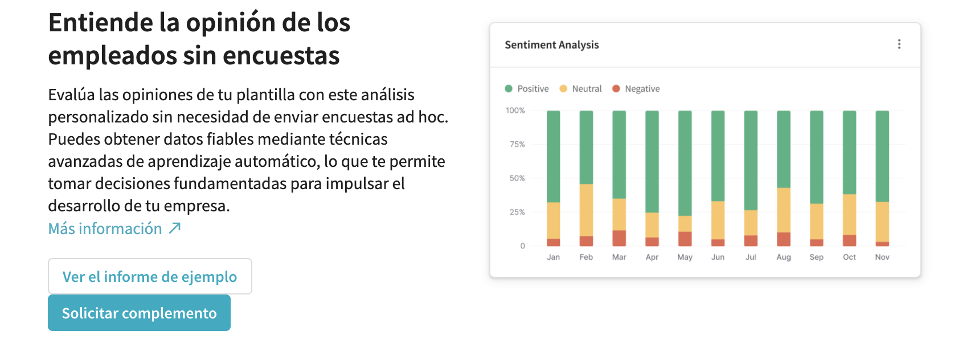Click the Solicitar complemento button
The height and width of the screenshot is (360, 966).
coord(139,313)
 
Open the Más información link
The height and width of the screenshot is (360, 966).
coord(105,228)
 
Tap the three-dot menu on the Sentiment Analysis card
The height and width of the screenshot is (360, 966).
coord(899,44)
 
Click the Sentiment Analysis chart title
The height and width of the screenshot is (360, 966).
coord(551,45)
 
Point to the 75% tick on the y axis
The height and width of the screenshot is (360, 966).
coord(517,145)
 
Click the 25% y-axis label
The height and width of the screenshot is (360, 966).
coord(517,212)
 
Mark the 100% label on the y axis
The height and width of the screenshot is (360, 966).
coord(515,111)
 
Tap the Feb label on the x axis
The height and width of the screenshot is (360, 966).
coord(586,257)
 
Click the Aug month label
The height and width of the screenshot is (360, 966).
coord(784,257)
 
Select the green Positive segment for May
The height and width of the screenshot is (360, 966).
coord(685,163)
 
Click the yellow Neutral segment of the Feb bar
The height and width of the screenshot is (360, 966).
coord(586,210)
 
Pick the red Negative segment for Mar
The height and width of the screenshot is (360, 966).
coord(619,238)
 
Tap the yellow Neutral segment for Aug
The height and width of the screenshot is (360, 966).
coord(784,210)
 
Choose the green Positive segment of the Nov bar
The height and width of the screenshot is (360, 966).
coord(882,156)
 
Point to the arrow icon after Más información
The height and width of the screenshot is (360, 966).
coord(175,228)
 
